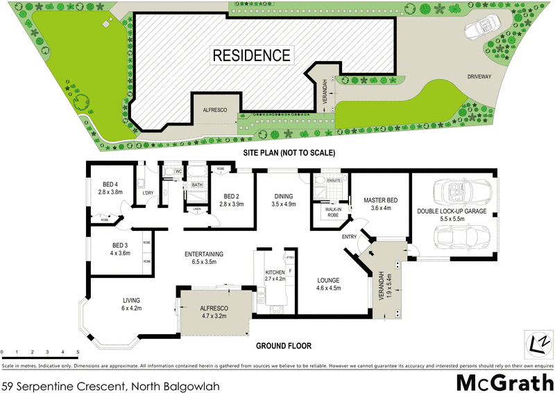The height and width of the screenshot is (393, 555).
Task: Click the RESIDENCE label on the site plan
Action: click(251, 55)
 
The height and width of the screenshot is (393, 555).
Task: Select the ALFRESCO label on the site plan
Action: click(215, 109)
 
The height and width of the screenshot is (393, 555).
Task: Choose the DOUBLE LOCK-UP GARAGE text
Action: click(452, 211)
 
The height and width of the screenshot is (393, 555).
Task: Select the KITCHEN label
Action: click(275, 272)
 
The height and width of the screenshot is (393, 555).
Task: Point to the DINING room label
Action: click(284, 196)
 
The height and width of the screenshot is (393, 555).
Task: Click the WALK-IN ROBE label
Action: click(328, 211)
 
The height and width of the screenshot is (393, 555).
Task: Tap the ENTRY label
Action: click(350, 237)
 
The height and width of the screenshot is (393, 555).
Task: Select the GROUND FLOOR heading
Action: click(284, 346)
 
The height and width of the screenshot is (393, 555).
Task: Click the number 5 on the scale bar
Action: click(78, 352)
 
